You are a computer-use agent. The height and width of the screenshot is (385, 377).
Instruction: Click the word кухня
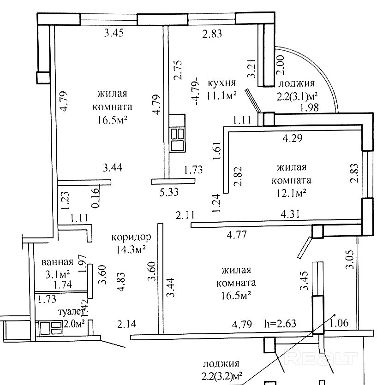222,83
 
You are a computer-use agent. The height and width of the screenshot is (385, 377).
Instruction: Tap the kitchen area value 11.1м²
222,95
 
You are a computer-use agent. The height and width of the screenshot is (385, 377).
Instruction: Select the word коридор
132,237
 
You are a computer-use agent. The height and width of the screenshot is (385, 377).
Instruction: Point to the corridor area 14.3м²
132,249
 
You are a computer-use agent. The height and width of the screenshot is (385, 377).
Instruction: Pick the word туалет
69,312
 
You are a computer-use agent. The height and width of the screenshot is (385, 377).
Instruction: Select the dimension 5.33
169,192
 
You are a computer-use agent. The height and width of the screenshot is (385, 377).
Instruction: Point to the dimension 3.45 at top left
114,33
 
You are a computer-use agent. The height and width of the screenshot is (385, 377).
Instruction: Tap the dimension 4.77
236,235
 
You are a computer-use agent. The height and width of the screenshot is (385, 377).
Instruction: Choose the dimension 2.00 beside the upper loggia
280,64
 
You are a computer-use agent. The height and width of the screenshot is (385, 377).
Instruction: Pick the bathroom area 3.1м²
58,275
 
